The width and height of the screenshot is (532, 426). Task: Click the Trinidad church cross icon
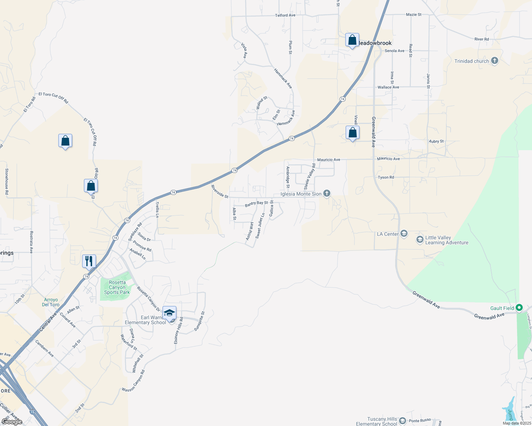coord(494,61)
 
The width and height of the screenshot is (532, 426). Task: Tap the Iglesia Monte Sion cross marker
coord(327,193)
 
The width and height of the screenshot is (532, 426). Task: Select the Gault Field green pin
coord(519,308)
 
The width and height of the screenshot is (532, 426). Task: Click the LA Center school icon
coord(404,234)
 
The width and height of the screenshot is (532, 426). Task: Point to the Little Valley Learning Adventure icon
coord(420,240)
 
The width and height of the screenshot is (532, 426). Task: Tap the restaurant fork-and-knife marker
coord(89,261)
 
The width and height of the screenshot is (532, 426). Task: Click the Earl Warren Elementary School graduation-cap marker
coord(170,313)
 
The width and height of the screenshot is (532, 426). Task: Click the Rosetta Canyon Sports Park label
coord(117,288)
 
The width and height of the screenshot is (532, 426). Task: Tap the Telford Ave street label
coord(285,15)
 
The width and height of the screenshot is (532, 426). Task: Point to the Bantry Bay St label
coord(256,204)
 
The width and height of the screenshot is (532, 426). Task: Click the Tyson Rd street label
coord(386,177)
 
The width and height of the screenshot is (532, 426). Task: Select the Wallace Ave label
coord(388,87)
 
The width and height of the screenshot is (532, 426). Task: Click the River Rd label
coord(482,39)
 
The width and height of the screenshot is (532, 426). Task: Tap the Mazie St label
coord(414,15)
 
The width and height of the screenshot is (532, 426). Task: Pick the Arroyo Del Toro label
coord(50,302)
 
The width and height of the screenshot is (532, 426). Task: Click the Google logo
coord(12,422)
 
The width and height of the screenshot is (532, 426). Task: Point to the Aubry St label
coord(436,141)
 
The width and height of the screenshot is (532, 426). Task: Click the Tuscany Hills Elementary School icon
coord(403,421)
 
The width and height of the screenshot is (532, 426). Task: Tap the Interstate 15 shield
coord(32,412)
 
